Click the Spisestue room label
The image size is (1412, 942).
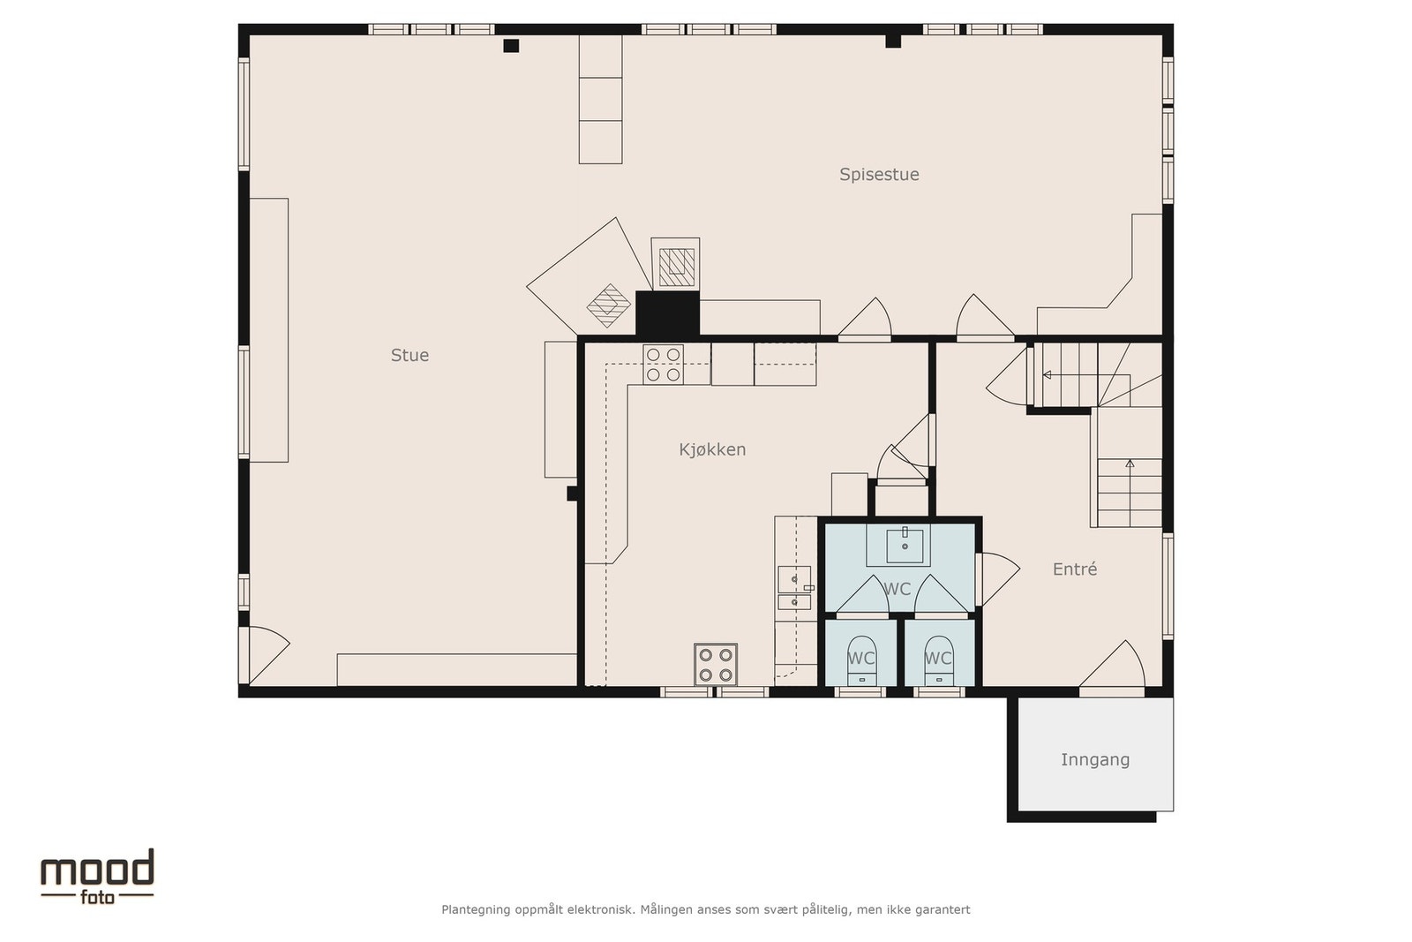(879, 175)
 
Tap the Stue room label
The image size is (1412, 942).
(409, 356)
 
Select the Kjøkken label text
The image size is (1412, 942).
(712, 449)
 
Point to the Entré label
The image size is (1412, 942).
(1075, 569)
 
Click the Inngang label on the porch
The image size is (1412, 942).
(1095, 760)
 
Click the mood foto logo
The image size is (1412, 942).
(97, 877)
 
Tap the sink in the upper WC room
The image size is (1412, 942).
(905, 546)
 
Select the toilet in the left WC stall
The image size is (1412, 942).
(861, 660)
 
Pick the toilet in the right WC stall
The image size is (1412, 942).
(939, 660)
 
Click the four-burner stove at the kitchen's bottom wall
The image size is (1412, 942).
(716, 665)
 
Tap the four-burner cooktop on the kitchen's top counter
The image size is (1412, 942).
(663, 365)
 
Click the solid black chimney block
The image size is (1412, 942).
(667, 313)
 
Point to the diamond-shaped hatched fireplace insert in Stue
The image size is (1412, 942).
(608, 305)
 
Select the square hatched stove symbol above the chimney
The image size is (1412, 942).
(676, 267)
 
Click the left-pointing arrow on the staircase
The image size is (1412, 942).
(1086, 375)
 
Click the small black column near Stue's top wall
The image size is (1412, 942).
(511, 45)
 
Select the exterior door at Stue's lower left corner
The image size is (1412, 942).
(265, 656)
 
